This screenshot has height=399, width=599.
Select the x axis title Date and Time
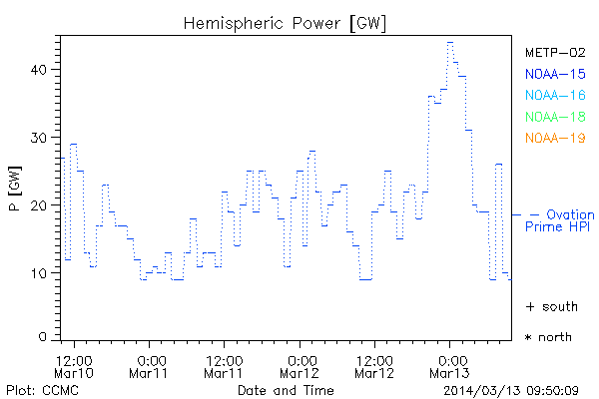pyautogui.click(x=287, y=389)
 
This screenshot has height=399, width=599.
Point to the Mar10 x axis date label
pyautogui.click(x=75, y=374)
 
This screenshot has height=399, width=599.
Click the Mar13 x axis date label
pyautogui.click(x=450, y=374)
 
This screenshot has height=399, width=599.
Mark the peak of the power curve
pyautogui.click(x=450, y=43)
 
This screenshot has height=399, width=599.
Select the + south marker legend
pyautogui.click(x=548, y=306)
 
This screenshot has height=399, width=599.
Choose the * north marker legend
pyautogui.click(x=548, y=337)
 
